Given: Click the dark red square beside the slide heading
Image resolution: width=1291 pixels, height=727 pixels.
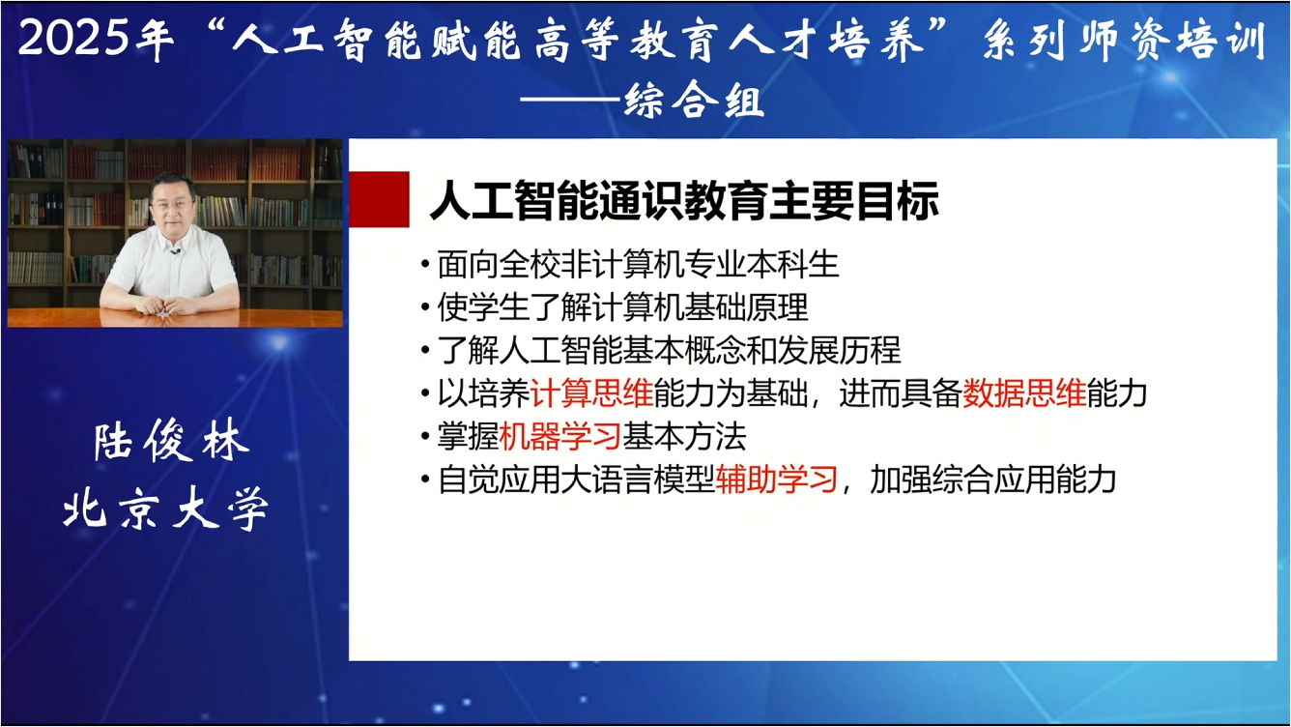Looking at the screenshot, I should tap(378, 198).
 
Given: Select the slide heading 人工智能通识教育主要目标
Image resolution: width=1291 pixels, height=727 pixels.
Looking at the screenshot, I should tap(683, 203).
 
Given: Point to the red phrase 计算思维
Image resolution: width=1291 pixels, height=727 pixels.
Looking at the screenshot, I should tap(591, 394).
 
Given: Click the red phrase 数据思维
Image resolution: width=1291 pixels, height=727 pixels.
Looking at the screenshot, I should tap(1023, 394).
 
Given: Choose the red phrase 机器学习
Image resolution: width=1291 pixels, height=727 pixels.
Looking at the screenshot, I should tap(559, 437).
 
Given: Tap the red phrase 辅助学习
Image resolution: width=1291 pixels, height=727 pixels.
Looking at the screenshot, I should tap(776, 480).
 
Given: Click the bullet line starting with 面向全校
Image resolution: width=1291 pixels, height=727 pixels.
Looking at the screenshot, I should tap(638, 264).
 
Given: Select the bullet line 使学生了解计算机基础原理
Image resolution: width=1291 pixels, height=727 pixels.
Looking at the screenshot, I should tap(622, 307).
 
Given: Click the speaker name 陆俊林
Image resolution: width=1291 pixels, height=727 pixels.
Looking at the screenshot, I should tap(172, 443).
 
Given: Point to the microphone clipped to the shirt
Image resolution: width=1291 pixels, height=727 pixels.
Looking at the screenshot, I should tap(175, 253).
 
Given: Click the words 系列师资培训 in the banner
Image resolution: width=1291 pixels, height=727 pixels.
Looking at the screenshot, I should tap(1124, 41).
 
